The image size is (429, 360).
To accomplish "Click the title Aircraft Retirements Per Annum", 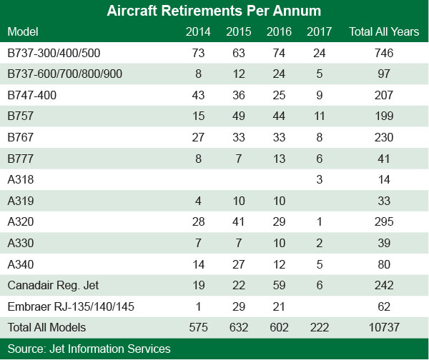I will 214,11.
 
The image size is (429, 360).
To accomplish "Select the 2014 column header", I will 197,32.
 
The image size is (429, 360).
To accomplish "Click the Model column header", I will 23,32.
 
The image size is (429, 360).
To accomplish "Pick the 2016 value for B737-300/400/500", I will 277,54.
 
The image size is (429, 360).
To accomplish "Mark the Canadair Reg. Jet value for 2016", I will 277,284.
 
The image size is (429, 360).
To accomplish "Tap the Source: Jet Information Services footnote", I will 89,349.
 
